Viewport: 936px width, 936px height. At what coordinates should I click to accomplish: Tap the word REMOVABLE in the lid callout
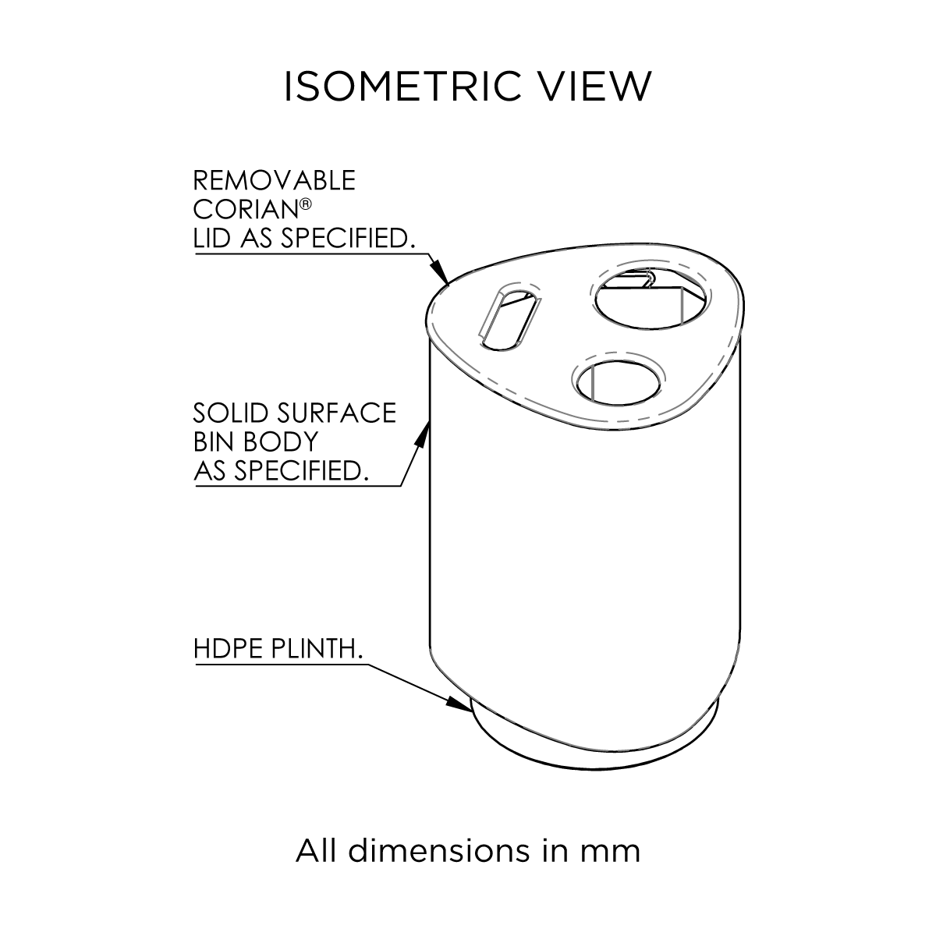pos(274,180)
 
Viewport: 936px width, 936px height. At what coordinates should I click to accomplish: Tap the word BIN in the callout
pos(213,441)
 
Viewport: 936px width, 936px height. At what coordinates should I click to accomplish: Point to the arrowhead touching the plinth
pos(459,703)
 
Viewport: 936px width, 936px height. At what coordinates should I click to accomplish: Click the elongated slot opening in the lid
pos(508,316)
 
